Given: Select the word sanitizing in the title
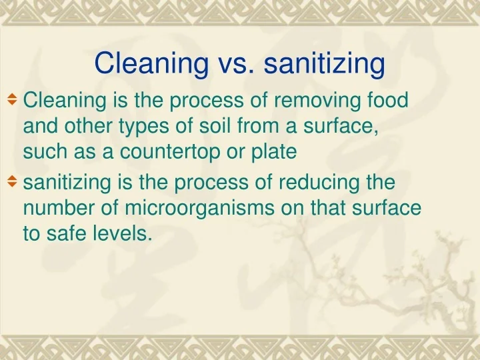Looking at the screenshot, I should point(325,65).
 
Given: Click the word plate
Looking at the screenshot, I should point(273,153).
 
